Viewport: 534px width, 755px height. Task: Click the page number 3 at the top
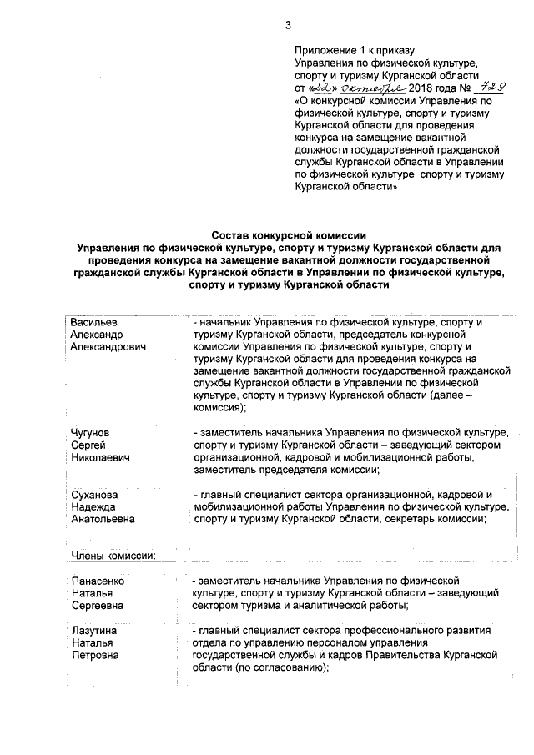(288, 25)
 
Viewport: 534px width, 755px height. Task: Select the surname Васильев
(94, 321)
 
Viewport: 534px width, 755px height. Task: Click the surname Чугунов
(93, 432)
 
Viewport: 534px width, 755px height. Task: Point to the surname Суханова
(94, 495)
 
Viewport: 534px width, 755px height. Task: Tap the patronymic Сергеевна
(97, 605)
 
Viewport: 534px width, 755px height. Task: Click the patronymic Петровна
(94, 655)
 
